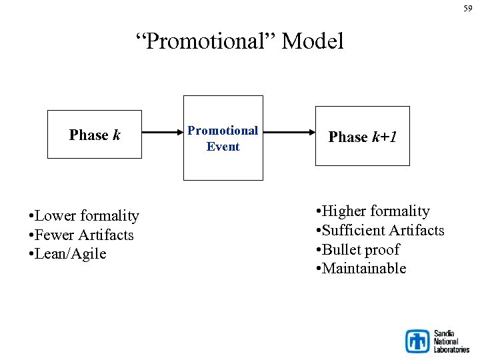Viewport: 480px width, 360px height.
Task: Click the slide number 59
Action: pos(467,8)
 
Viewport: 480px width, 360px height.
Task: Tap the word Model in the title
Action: pos(313,41)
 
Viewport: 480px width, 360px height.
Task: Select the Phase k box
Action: pos(95,135)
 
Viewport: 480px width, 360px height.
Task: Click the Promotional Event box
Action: pos(223,138)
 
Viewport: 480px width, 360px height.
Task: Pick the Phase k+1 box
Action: pos(362,137)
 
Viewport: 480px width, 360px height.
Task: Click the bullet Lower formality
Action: pos(84,215)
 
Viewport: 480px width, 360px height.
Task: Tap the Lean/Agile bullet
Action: pos(67,254)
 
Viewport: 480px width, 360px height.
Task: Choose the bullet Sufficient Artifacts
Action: pos(383,231)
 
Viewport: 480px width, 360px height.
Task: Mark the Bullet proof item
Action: pos(361,249)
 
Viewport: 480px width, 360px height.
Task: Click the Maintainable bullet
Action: pos(364,269)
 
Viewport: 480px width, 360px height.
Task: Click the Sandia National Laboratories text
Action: pos(451,341)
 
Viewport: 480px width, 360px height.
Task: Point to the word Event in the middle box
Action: pos(223,147)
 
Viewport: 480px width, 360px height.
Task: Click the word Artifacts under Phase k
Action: pos(106,235)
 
